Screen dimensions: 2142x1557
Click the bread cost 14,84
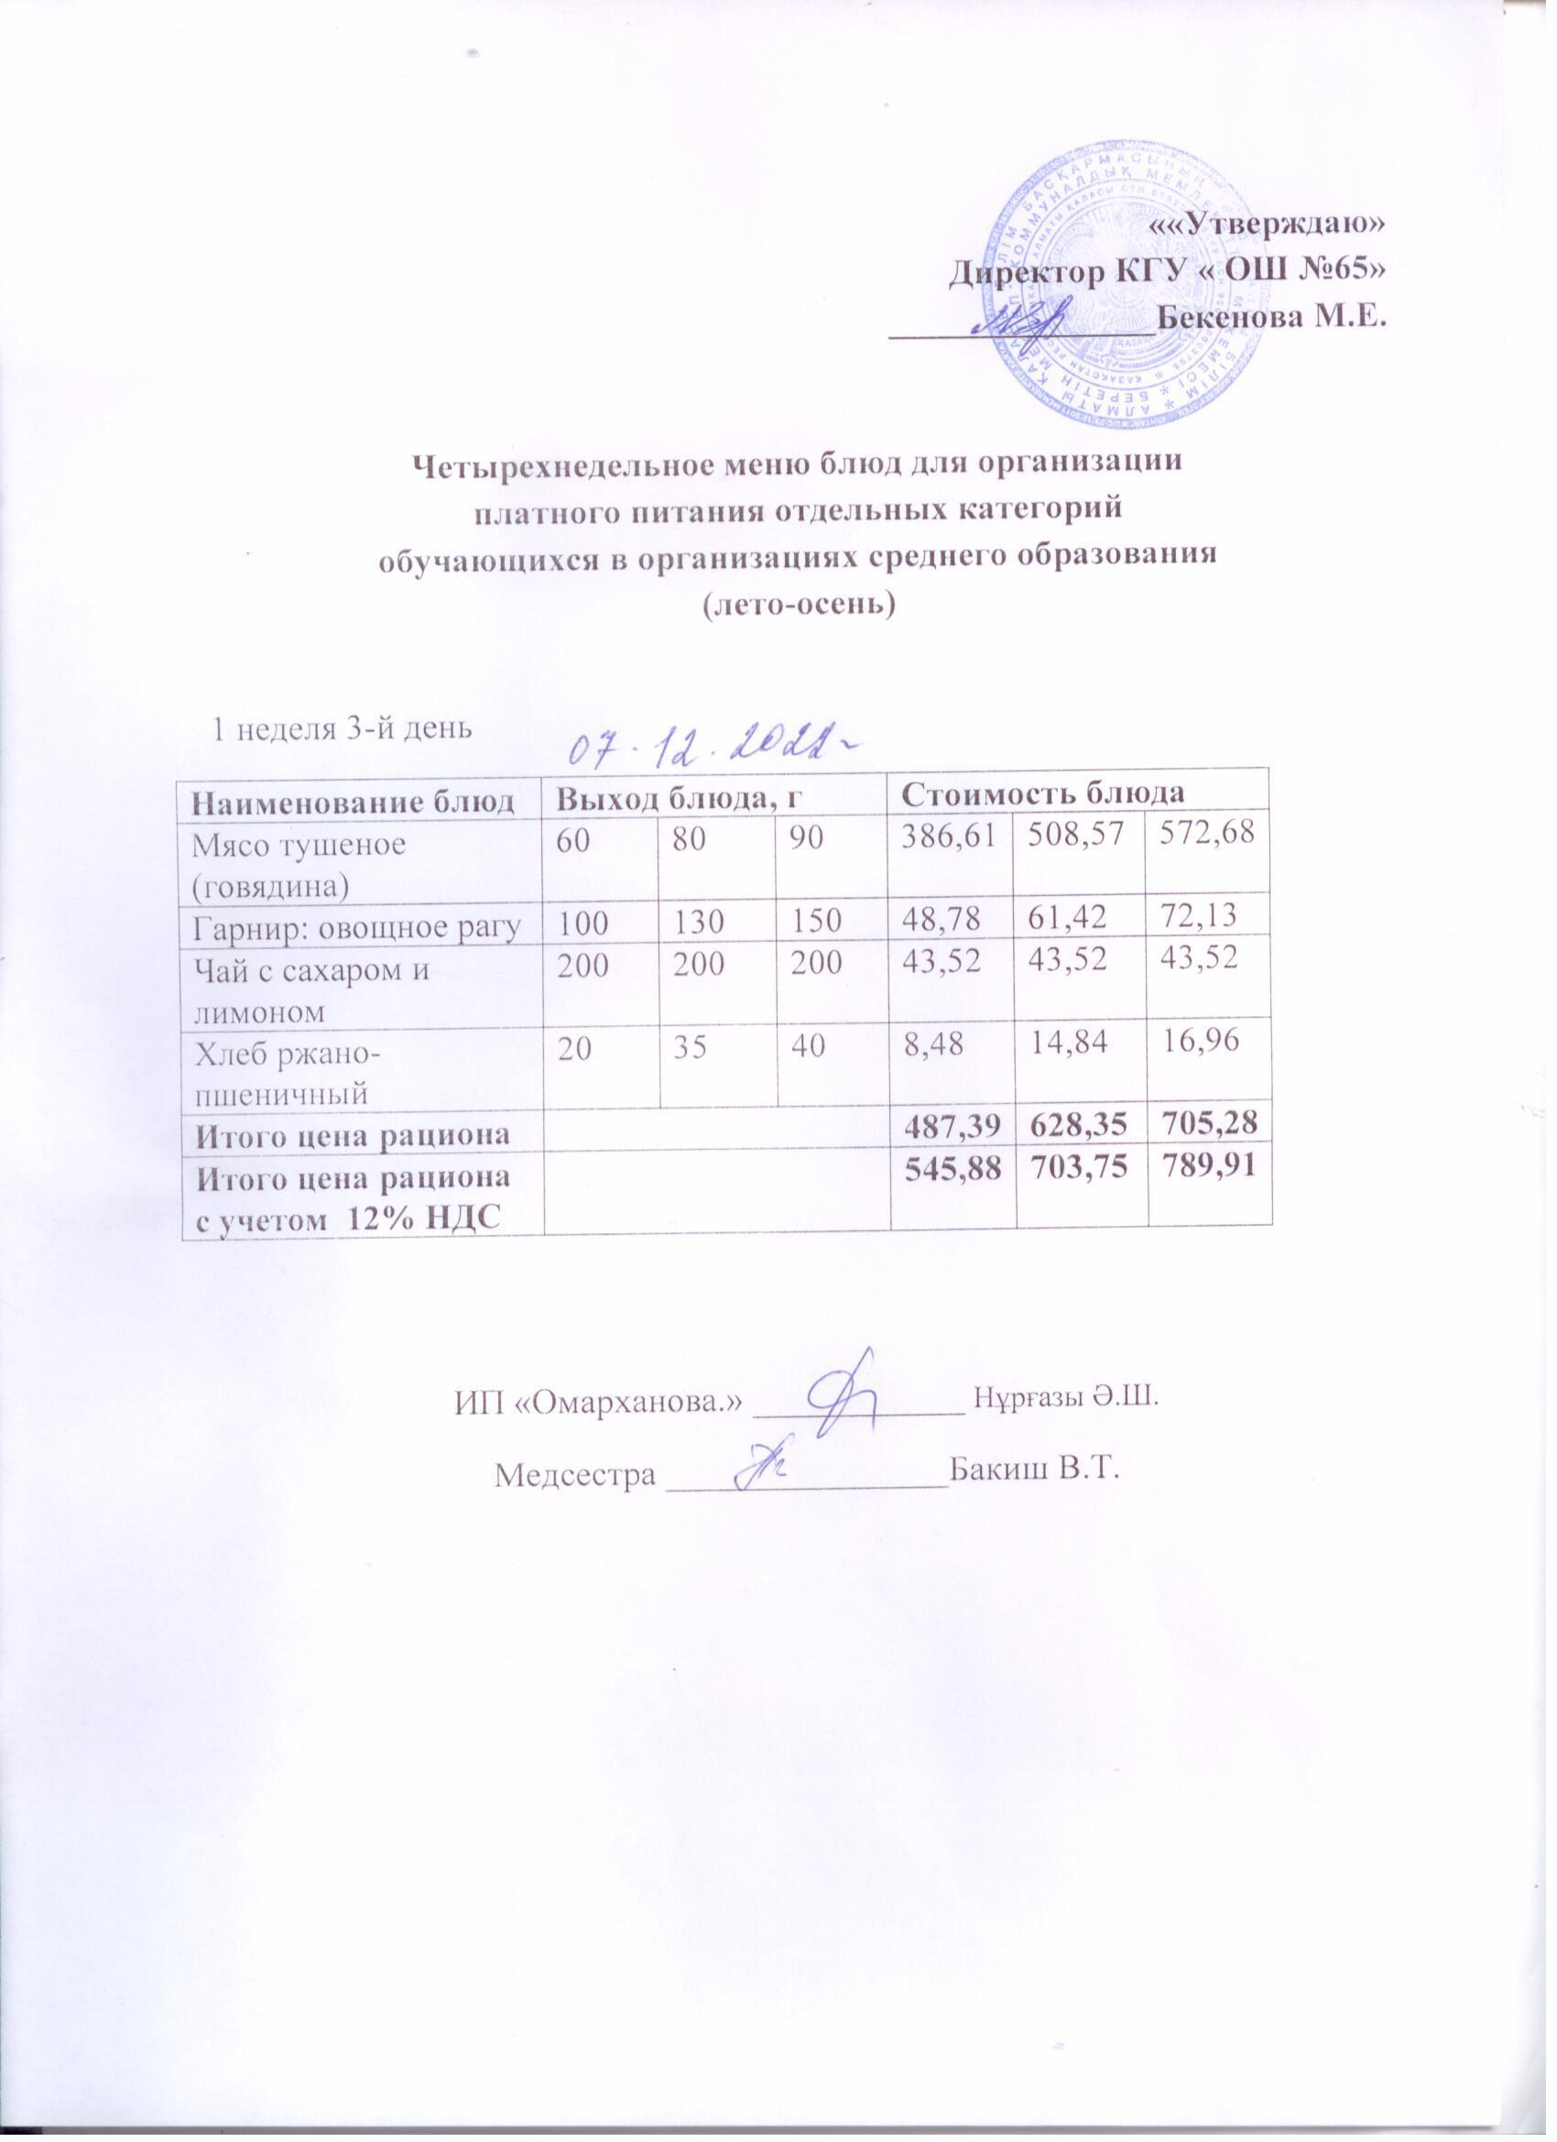1075,1047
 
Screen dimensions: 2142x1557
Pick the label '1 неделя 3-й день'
337,728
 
